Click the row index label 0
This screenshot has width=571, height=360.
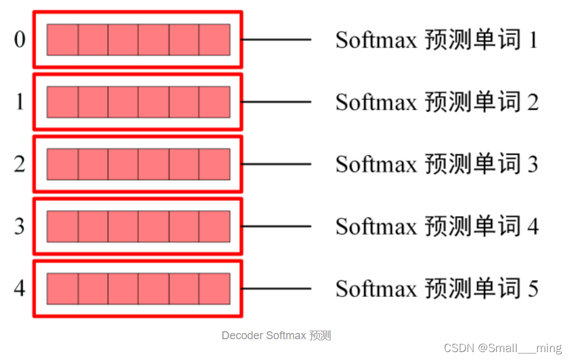click(20, 40)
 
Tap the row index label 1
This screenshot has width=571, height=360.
click(20, 102)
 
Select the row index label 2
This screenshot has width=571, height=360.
click(20, 164)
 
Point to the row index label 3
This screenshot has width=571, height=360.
click(20, 227)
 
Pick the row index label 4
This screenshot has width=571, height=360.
click(20, 288)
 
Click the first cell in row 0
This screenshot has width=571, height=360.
click(62, 40)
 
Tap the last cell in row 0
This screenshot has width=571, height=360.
click(215, 40)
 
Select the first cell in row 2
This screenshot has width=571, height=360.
click(62, 164)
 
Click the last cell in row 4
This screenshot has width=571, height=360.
click(215, 288)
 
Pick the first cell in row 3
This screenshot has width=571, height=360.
click(62, 227)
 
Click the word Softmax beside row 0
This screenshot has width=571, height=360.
click(376, 40)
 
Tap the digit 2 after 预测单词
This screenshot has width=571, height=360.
click(532, 102)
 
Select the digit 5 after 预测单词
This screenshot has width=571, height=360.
click(532, 288)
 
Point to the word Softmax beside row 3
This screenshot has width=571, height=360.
click(376, 227)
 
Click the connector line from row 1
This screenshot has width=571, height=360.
click(277, 102)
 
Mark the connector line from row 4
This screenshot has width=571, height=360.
click(277, 288)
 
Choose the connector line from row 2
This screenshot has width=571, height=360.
click(277, 164)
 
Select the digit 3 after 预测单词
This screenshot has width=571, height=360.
click(532, 164)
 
